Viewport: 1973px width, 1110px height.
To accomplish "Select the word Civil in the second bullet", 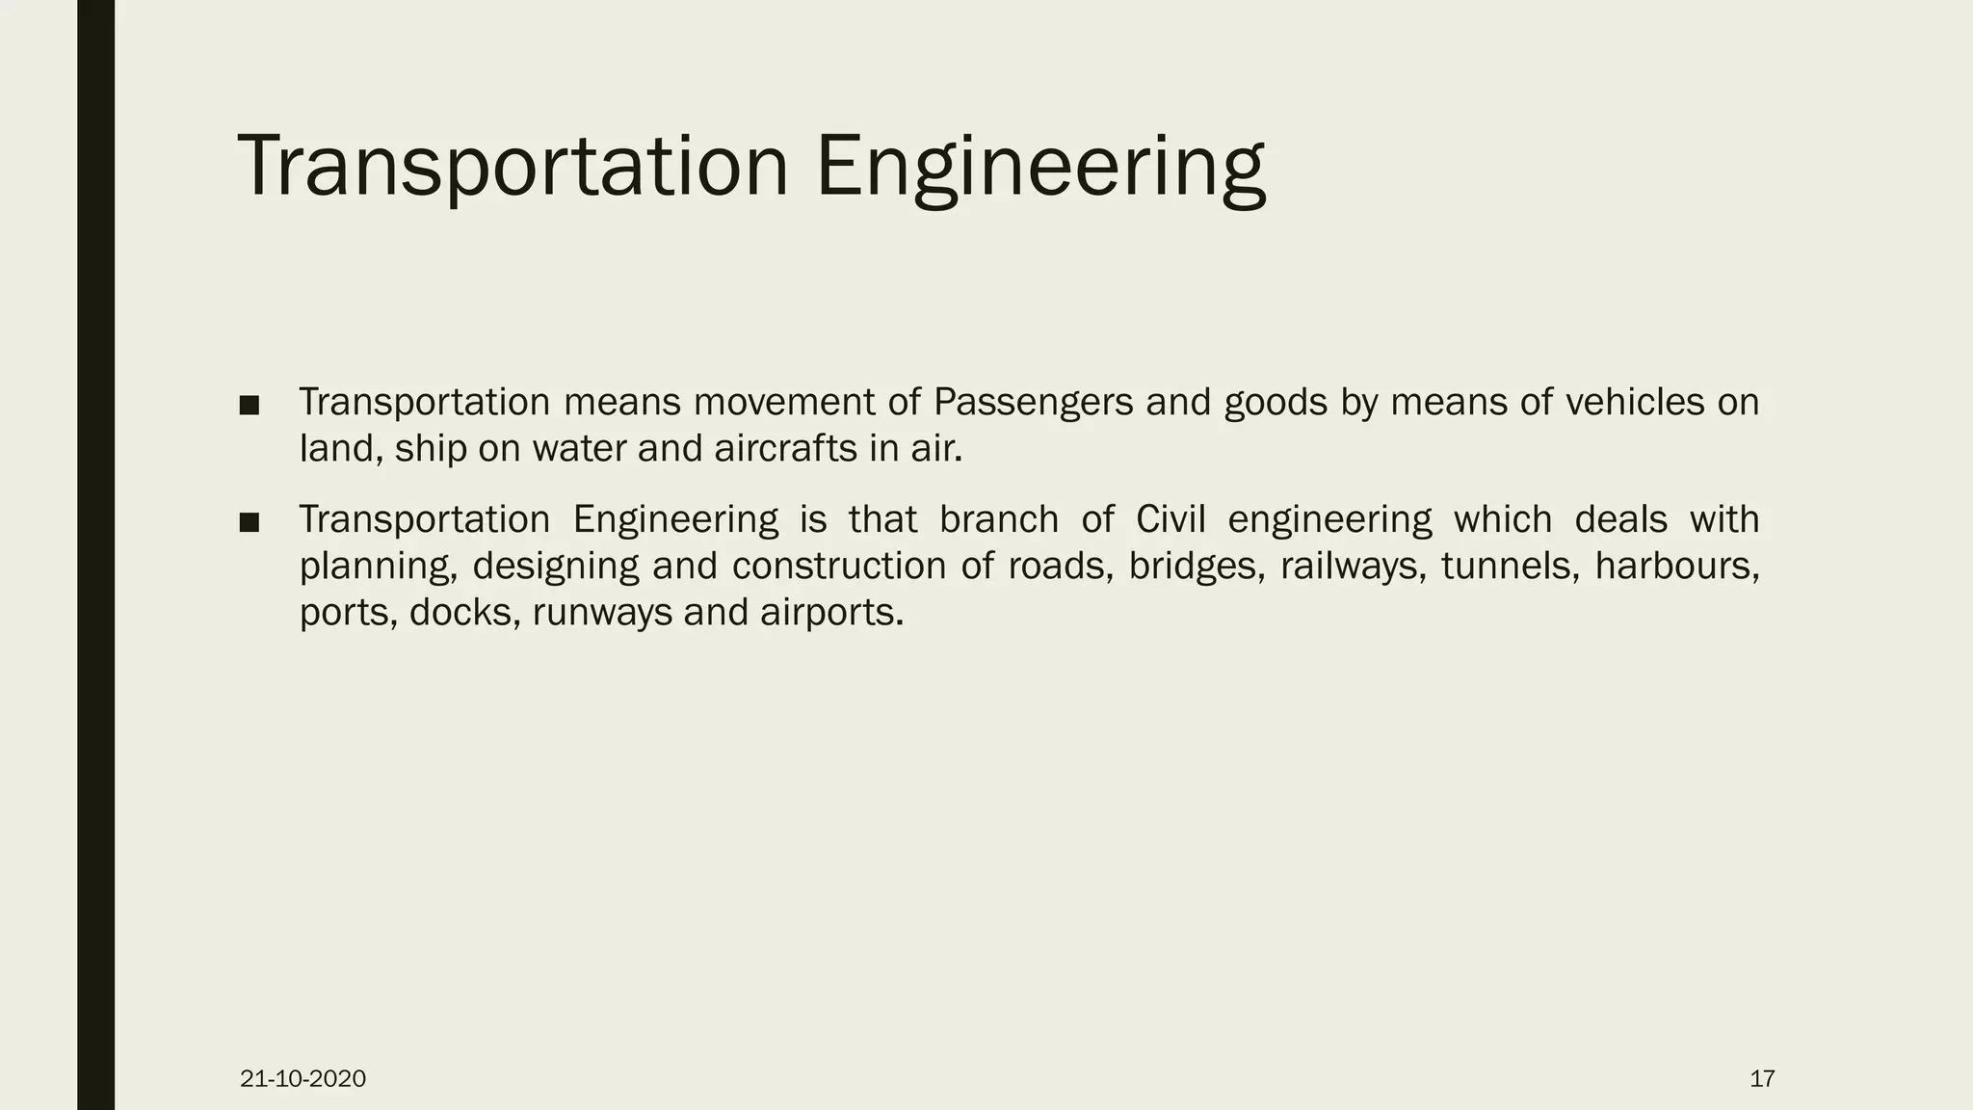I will tap(1171, 519).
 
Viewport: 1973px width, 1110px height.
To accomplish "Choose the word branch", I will tap(999, 519).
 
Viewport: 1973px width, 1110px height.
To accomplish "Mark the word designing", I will tap(556, 566).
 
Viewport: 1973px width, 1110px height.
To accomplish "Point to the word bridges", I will tap(1196, 566).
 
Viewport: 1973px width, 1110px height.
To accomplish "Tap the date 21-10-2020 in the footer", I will tap(303, 1079).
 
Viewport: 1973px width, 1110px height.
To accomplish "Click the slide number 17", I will tap(1762, 1079).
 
